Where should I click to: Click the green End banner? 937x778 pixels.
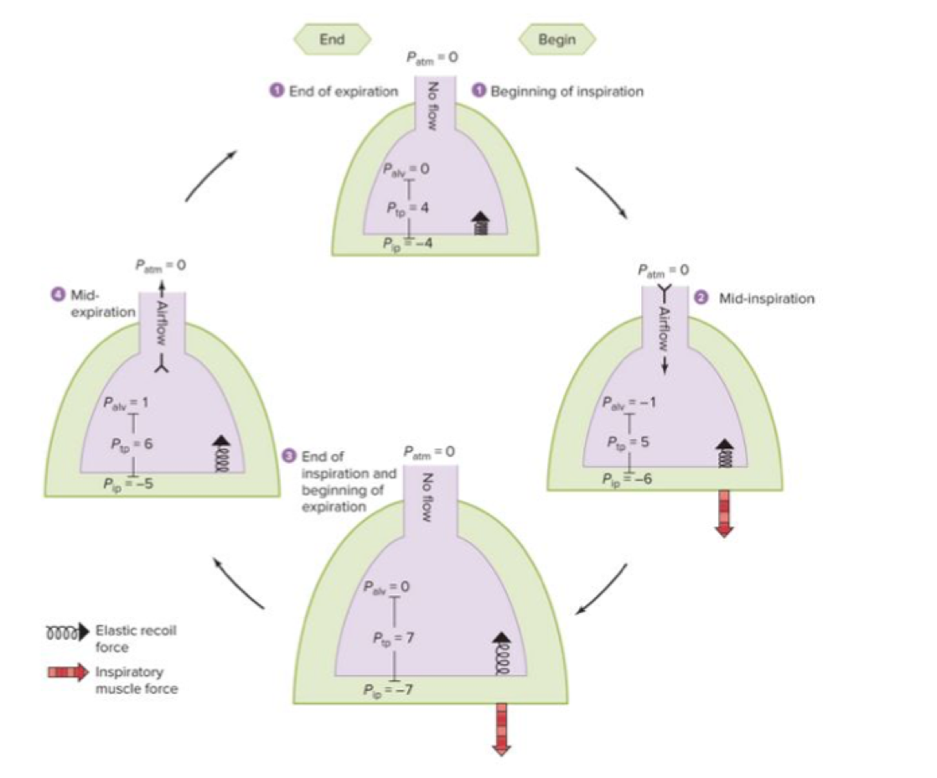(331, 39)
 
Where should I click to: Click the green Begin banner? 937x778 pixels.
(557, 39)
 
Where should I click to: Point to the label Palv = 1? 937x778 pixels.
(127, 402)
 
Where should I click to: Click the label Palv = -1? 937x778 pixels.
(629, 402)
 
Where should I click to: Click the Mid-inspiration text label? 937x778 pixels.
(766, 298)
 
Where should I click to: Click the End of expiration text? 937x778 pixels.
(343, 91)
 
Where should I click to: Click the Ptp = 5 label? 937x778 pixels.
(629, 442)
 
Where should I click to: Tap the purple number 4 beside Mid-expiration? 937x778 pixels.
(55, 295)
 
